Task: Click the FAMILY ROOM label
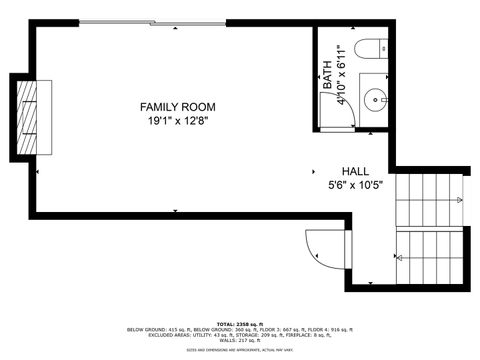tap(177, 107)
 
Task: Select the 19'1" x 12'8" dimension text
tap(177, 121)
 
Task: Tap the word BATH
tap(327, 78)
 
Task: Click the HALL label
tap(356, 171)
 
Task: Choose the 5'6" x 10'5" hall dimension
tap(356, 185)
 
